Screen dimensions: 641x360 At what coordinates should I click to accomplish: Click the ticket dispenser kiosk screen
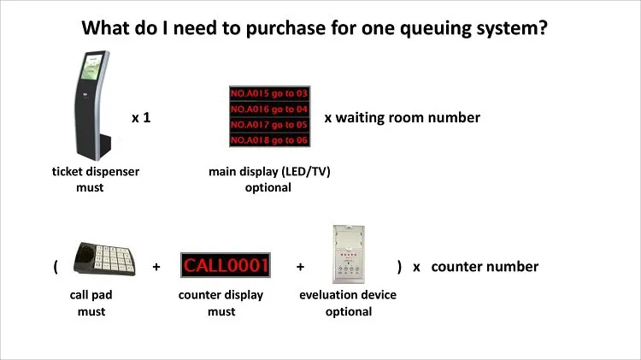coord(91,67)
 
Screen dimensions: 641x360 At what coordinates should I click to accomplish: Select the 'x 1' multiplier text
coord(141,118)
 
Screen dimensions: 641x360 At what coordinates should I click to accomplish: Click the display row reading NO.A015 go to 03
coord(269,94)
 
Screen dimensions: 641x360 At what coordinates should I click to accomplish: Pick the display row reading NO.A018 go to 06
coord(269,140)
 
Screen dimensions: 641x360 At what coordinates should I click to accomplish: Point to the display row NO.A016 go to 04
coord(269,109)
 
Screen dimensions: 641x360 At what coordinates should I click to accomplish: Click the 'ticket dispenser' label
coord(96,171)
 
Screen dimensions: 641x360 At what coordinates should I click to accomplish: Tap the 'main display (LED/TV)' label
coord(269,171)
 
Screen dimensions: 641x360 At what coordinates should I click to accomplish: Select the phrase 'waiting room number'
coord(408,118)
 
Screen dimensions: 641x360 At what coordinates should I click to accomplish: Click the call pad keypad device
coord(104,258)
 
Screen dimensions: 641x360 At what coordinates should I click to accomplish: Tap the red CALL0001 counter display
coord(226,265)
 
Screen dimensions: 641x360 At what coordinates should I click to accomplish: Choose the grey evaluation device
coord(349,254)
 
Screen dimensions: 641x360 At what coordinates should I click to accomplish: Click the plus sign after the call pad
coord(156,267)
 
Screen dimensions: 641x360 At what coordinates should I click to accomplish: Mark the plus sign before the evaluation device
coord(301,267)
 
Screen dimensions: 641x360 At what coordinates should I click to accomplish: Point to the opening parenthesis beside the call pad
coord(56,267)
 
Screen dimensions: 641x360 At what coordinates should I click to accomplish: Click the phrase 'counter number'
coord(485,267)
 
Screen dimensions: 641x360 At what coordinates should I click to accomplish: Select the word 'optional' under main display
coord(268,188)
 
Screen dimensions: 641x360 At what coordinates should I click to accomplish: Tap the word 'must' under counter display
coord(221,312)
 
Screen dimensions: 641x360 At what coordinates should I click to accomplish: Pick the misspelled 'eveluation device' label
coord(348,295)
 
